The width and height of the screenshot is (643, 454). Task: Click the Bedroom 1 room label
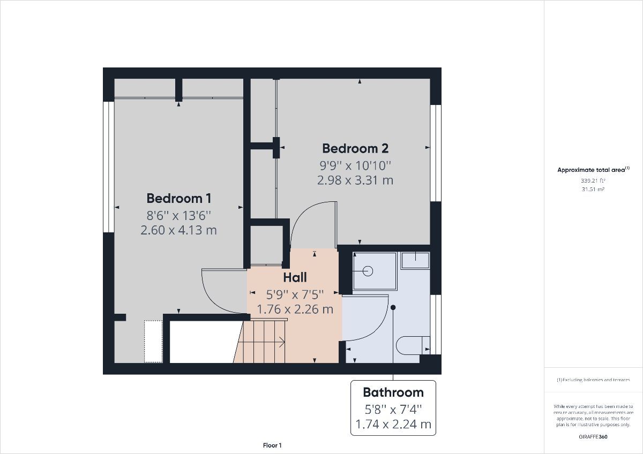179,199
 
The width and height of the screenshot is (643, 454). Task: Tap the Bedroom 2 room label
355,148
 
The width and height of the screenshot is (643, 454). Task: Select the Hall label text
295,277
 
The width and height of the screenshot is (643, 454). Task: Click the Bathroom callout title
393,392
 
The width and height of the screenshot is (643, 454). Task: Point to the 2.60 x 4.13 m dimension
179,230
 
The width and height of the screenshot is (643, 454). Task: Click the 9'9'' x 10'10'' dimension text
355,165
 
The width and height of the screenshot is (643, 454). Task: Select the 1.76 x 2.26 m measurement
295,309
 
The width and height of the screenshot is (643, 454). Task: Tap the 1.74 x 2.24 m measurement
393,425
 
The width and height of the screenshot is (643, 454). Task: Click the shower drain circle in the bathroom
368,271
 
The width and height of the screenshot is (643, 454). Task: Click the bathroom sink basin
416,260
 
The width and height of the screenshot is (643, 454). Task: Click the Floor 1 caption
272,445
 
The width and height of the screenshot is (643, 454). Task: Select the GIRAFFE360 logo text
593,436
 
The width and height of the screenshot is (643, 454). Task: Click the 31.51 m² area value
593,190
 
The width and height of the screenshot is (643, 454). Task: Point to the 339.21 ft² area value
593,180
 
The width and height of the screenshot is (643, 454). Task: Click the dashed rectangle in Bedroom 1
153,342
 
